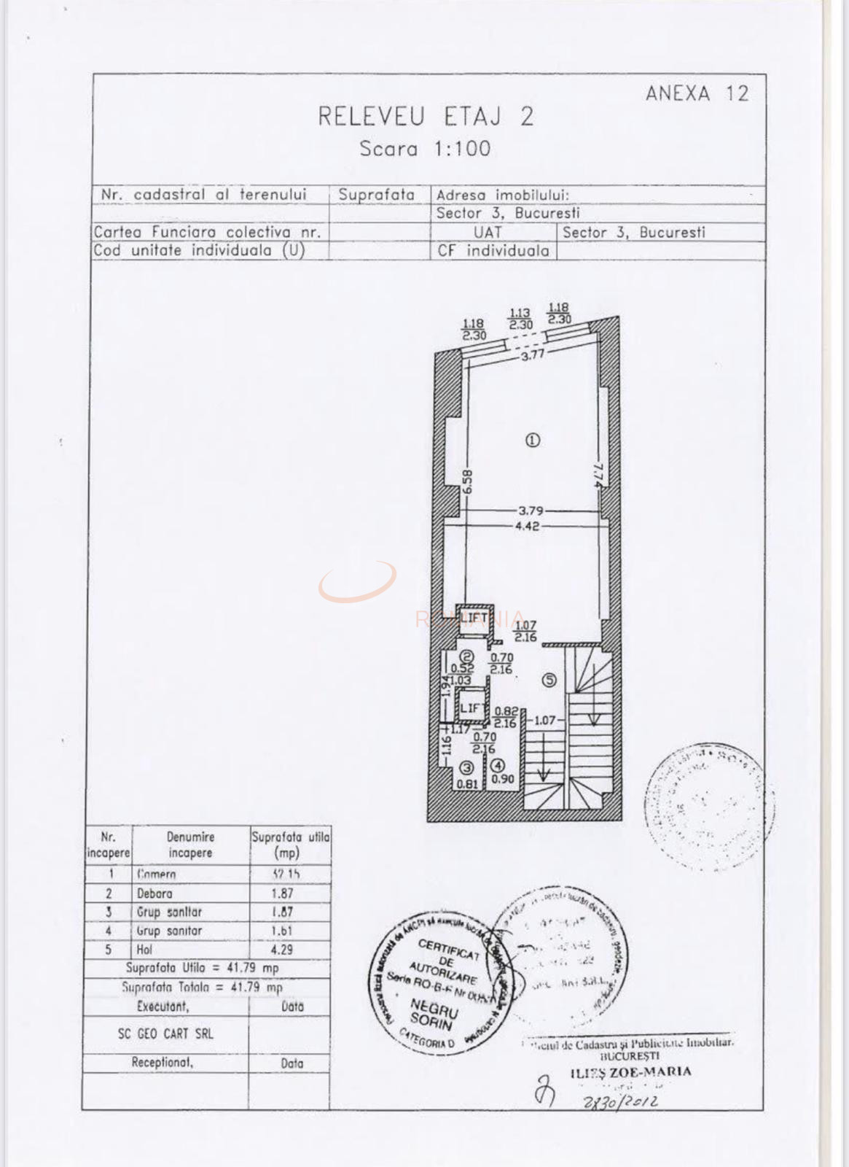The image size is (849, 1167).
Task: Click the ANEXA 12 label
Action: click(x=696, y=93)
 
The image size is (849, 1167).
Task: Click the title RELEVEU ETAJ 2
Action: click(x=426, y=117)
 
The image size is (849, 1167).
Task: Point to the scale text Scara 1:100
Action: click(x=425, y=149)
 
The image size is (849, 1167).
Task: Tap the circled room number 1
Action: click(x=533, y=440)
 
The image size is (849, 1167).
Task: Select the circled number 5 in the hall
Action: click(x=549, y=680)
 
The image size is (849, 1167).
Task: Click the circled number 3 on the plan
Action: click(x=466, y=767)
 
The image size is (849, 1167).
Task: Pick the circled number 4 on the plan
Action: click(x=498, y=766)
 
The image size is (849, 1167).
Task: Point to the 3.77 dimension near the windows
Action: click(x=532, y=356)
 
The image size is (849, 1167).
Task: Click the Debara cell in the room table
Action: click(x=154, y=893)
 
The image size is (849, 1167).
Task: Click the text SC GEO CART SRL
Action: click(x=165, y=1034)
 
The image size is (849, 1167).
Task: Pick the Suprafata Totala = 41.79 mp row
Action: click(x=202, y=988)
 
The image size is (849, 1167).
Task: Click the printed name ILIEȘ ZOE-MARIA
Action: click(x=630, y=1071)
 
